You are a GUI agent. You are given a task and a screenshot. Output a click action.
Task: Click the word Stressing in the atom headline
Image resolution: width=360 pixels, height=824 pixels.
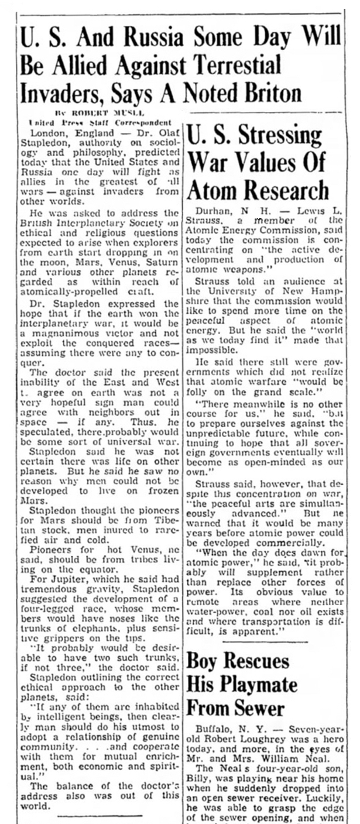[287, 136]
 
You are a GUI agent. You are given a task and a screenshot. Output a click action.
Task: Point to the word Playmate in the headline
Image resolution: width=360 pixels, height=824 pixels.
[263, 684]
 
